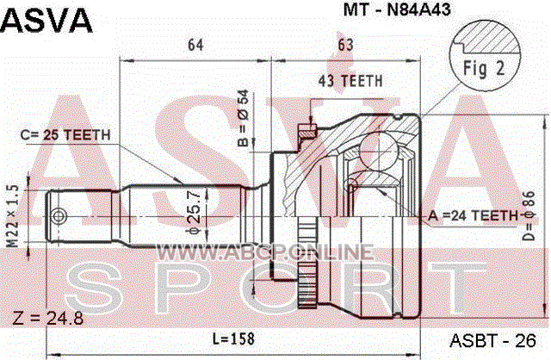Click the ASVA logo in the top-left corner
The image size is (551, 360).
tap(46, 21)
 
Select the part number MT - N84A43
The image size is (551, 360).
tap(397, 9)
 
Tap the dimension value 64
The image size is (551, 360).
tap(195, 45)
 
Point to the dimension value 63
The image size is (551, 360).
tap(345, 45)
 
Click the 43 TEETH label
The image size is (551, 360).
tap(350, 81)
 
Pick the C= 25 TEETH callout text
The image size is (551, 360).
tap(65, 134)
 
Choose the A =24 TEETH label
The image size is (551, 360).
tap(473, 215)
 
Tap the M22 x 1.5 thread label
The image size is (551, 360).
tap(13, 215)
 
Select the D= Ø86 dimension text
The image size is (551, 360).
tap(528, 216)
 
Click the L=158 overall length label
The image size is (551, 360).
tap(233, 338)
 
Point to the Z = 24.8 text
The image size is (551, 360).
tap(48, 319)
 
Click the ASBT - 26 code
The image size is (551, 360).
tap(493, 340)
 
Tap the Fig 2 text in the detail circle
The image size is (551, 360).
tap(484, 69)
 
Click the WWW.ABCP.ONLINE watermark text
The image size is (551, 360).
tap(264, 252)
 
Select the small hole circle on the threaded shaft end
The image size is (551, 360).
tap(59, 216)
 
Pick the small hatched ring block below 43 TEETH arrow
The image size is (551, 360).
tap(307, 131)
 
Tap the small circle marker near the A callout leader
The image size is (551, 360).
tap(351, 185)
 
